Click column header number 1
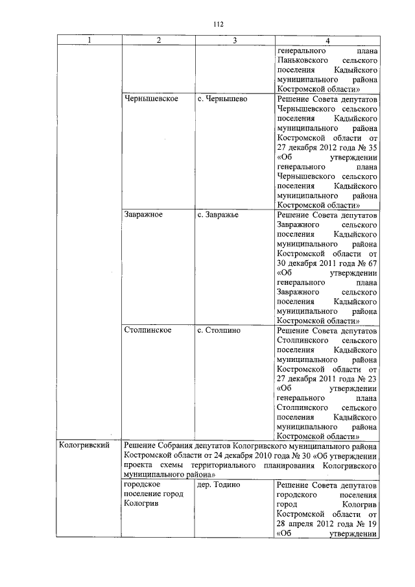89,41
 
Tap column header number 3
235,41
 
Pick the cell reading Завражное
143,215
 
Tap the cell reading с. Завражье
219,215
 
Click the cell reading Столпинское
147,330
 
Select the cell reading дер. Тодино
219,485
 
